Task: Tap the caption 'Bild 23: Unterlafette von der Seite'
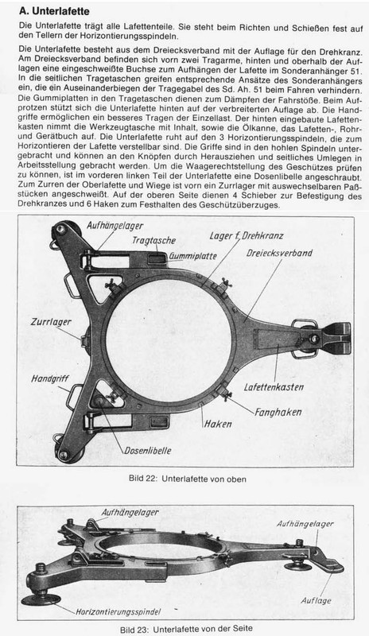click(x=184, y=628)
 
